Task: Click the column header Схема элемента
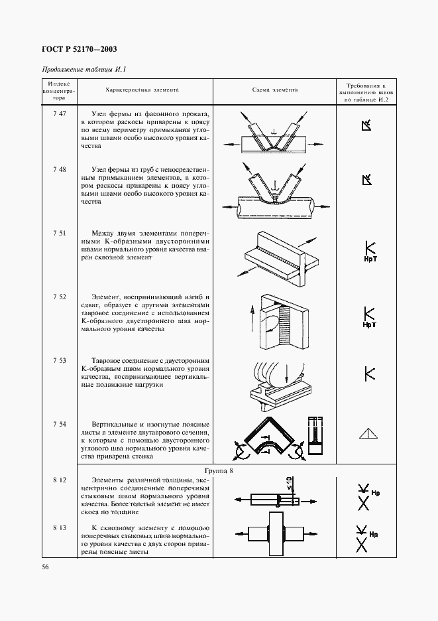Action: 275,90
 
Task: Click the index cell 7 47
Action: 59,114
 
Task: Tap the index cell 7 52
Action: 59,297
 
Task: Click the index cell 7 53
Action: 59,360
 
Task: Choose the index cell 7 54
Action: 59,423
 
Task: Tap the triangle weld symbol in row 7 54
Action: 368,433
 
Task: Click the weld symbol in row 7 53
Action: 370,373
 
